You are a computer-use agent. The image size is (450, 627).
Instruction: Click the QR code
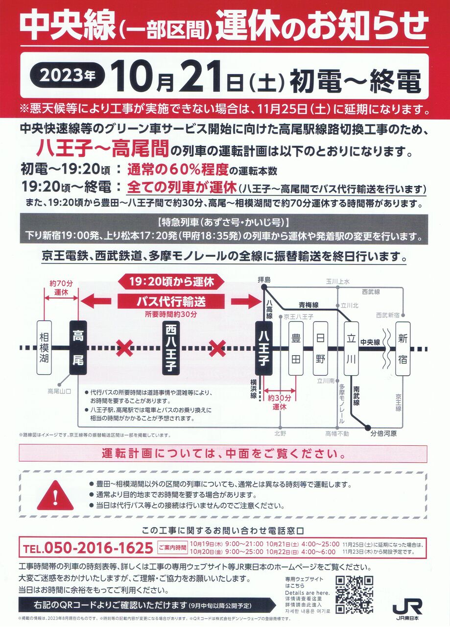coord(355,590)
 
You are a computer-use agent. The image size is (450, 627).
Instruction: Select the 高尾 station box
coord(78,348)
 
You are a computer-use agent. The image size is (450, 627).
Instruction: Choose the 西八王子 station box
coord(171,348)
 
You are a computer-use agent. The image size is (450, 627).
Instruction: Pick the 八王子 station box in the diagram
coord(264,348)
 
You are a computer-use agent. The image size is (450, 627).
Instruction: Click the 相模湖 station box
coord(44,348)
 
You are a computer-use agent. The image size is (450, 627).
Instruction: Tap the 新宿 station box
coord(403,348)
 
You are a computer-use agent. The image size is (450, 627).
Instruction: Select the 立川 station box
coord(351,348)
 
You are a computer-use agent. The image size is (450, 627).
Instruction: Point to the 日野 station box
coord(320,348)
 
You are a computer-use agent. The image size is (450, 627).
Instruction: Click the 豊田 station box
coord(296,348)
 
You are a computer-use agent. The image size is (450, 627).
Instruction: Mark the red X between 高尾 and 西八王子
coord(124,348)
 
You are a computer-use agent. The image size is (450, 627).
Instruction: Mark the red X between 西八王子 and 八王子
coord(217,348)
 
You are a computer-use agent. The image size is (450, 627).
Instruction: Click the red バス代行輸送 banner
coord(171,301)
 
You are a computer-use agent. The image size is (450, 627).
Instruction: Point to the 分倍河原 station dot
coord(368,427)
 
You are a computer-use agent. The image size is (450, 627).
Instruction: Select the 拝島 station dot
coord(264,287)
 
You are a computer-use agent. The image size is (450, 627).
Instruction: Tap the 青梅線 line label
coord(308,305)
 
